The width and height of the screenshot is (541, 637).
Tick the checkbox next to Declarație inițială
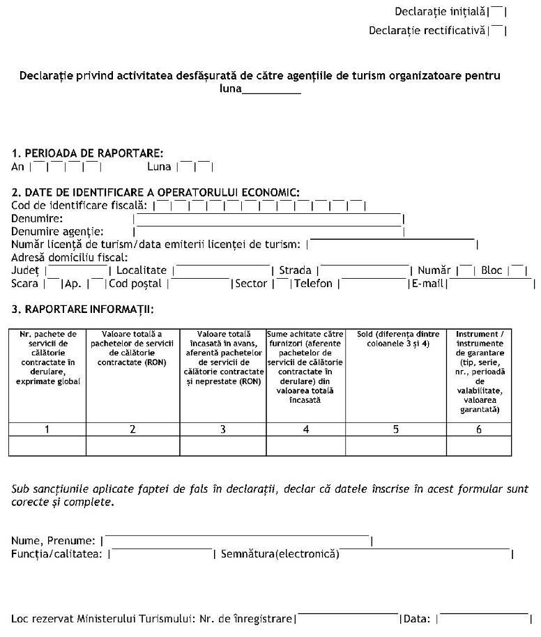[x=497, y=12]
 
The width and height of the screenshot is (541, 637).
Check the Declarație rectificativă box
[x=497, y=31]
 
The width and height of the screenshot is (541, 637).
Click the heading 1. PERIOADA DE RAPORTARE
[x=88, y=153]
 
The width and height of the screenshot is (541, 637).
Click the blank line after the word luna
[x=271, y=90]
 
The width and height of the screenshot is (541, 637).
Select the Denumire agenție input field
[x=268, y=231]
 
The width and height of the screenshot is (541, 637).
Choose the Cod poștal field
[x=200, y=284]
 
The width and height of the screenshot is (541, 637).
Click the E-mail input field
[x=491, y=284]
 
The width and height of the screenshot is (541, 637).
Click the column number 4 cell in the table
[x=305, y=429]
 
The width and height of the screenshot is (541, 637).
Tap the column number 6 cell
[x=478, y=429]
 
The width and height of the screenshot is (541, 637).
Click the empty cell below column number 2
[x=132, y=445]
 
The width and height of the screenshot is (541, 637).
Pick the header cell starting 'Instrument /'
[x=478, y=374]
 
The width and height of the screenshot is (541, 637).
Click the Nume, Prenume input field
[x=238, y=541]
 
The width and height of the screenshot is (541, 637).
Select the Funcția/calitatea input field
[x=162, y=555]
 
